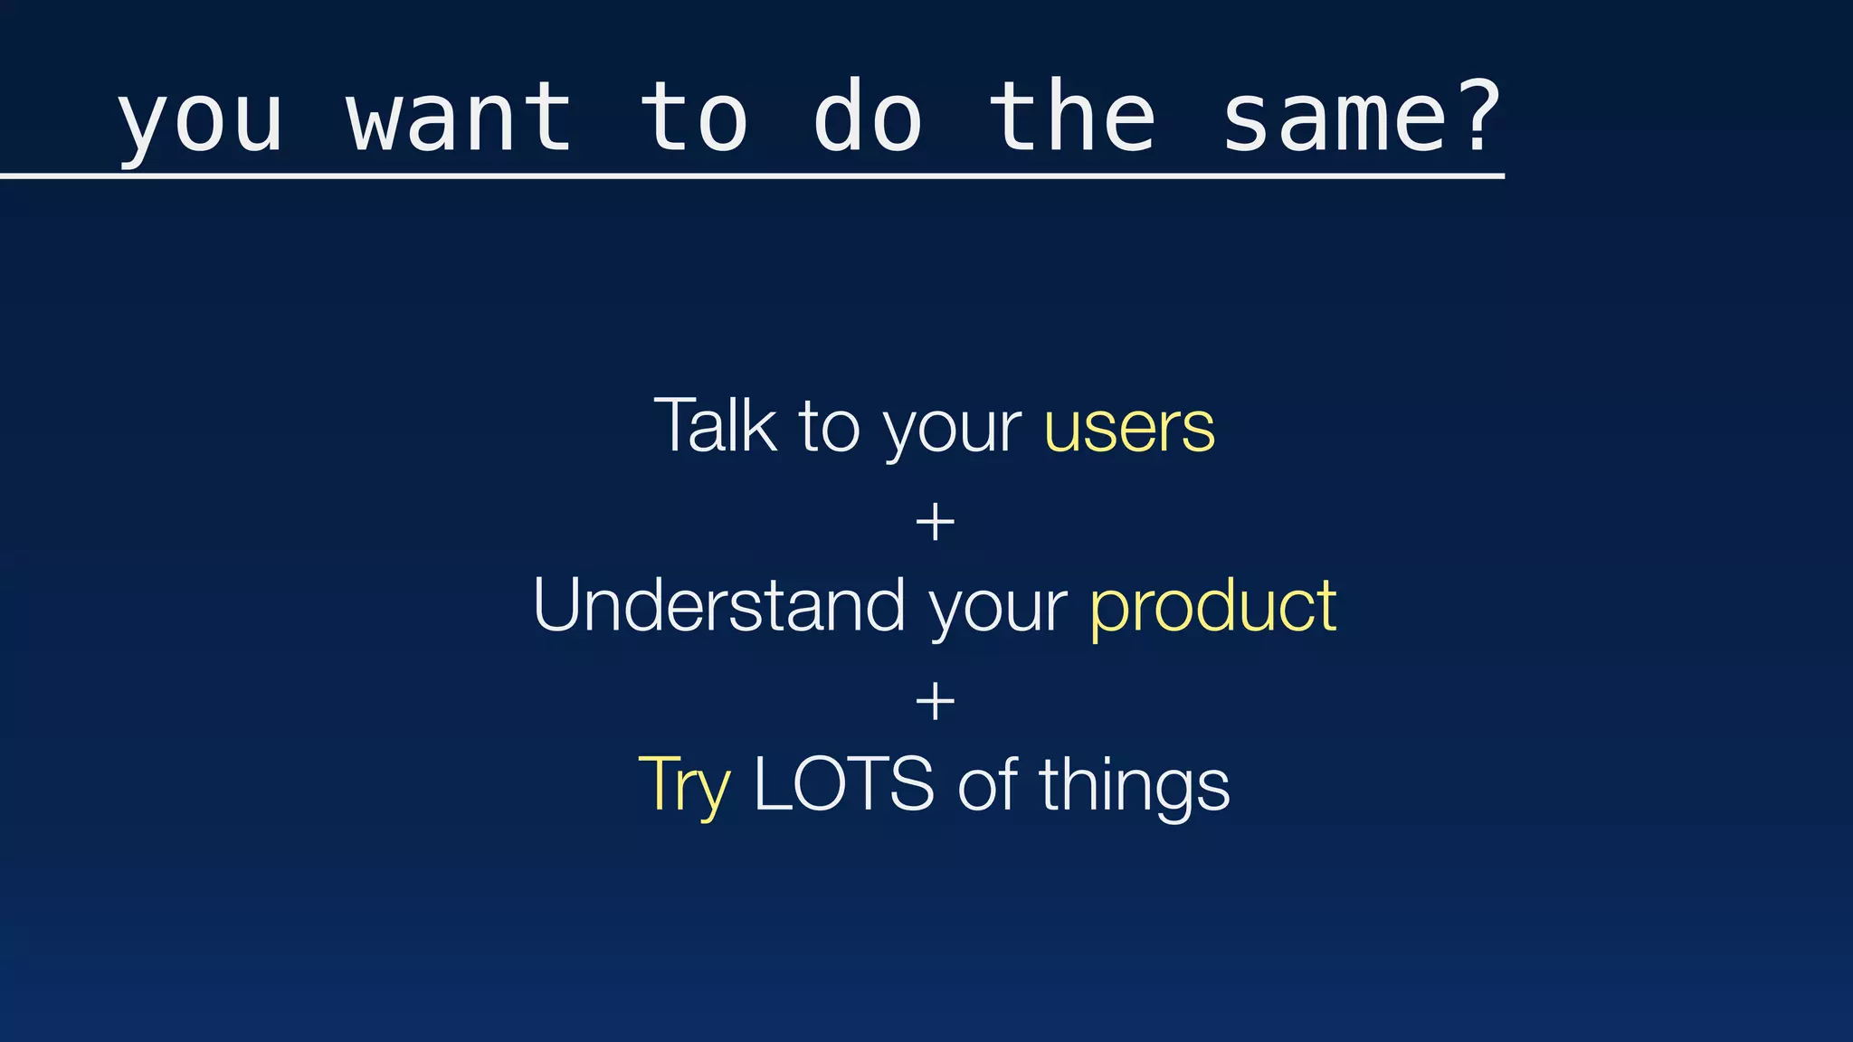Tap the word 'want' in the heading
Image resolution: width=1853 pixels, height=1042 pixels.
pyautogui.click(x=460, y=118)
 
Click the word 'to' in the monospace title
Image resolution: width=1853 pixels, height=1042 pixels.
pyautogui.click(x=693, y=118)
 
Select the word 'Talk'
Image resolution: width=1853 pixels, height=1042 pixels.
pyautogui.click(x=715, y=425)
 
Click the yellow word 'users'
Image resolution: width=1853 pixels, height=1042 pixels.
pyautogui.click(x=1129, y=429)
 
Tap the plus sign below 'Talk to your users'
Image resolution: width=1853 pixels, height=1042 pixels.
pyautogui.click(x=935, y=524)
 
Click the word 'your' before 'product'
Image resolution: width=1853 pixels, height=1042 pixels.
pyautogui.click(x=998, y=610)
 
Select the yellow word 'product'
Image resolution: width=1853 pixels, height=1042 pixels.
pyautogui.click(x=1213, y=608)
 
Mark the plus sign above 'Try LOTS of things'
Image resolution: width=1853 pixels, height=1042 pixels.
pyautogui.click(x=935, y=702)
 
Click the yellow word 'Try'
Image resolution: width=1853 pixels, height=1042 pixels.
pyautogui.click(x=684, y=785)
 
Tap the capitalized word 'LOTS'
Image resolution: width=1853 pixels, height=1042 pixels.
pyautogui.click(x=843, y=784)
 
